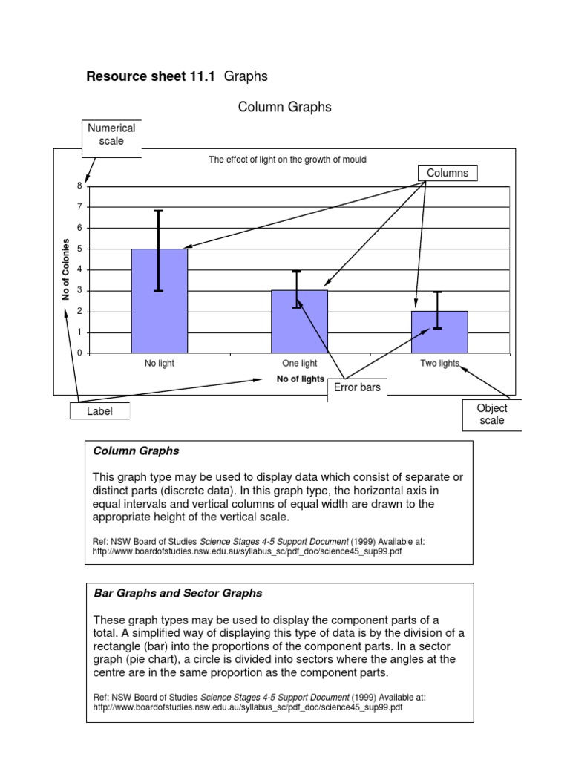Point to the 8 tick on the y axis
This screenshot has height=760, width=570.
click(x=79, y=186)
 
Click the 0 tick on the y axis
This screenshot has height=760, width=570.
click(x=79, y=353)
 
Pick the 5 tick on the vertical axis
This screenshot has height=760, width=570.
click(x=79, y=249)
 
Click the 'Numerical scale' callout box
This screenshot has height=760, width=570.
click(x=111, y=134)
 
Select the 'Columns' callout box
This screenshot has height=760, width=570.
click(x=448, y=173)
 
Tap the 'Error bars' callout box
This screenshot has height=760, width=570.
click(x=357, y=387)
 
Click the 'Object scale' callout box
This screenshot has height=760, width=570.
click(x=491, y=414)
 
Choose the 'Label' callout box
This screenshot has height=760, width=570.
click(x=99, y=410)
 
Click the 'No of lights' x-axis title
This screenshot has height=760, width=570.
click(x=300, y=379)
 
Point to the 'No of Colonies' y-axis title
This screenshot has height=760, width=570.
click(x=65, y=269)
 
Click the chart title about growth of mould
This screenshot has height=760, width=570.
click(x=287, y=160)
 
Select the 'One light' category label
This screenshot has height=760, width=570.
click(x=300, y=364)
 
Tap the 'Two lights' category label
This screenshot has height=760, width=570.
click(x=439, y=364)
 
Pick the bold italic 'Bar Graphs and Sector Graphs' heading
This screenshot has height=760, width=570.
click(x=178, y=593)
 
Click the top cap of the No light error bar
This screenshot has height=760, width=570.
click(x=159, y=211)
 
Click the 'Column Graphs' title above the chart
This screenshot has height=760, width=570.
click(x=284, y=108)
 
